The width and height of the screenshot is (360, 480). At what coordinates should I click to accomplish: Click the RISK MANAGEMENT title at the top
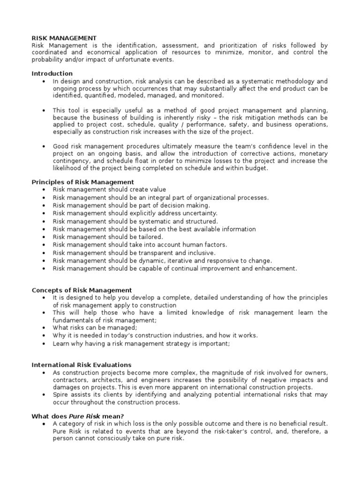pyautogui.click(x=64, y=38)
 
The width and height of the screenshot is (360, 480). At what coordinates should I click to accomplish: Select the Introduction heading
pyautogui.click(x=52, y=74)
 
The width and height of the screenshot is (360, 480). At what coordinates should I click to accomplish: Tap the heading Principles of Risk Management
pyautogui.click(x=82, y=182)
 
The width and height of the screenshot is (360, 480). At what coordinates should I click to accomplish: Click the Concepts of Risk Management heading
pyautogui.click(x=82, y=290)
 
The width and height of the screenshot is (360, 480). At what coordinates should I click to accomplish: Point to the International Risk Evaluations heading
pyautogui.click(x=82, y=365)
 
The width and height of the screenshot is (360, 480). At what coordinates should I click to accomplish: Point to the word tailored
pyautogui.click(x=149, y=237)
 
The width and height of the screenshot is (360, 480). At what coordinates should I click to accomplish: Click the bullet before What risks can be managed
pyautogui.click(x=44, y=328)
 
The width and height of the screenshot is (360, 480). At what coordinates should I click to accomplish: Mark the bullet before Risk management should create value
pyautogui.click(x=44, y=190)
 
